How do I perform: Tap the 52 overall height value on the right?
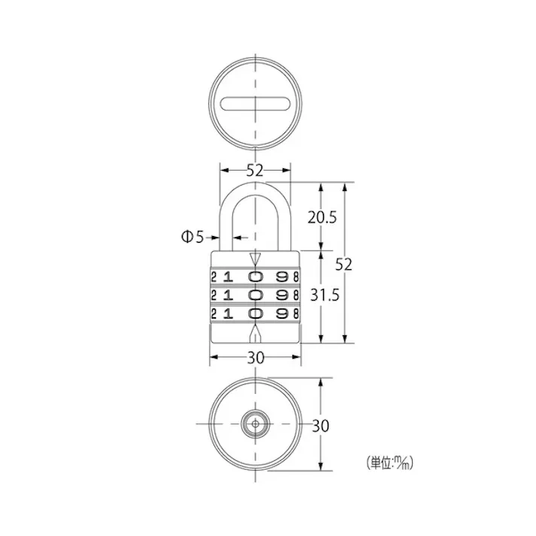click(x=344, y=264)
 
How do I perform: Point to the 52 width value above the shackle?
click(x=255, y=170)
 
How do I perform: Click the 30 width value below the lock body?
click(x=255, y=358)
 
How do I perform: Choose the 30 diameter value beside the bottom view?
click(x=320, y=425)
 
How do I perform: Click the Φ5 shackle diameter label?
click(x=192, y=237)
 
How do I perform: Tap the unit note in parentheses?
click(x=389, y=463)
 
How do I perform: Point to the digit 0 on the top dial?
click(x=256, y=276)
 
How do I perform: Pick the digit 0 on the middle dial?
click(x=256, y=294)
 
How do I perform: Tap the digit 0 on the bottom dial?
click(x=256, y=312)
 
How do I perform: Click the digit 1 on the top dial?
click(x=229, y=276)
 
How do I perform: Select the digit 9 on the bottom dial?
click(x=283, y=312)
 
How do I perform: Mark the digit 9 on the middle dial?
click(x=283, y=294)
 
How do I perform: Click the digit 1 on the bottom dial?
click(x=229, y=312)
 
